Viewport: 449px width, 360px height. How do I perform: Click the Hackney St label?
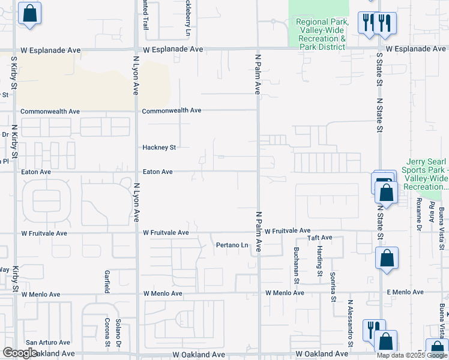tap(158, 147)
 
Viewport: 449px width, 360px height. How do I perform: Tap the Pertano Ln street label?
tap(232, 245)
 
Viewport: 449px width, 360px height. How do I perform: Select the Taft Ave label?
tap(319, 238)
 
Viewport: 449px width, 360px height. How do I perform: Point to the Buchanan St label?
tap(297, 262)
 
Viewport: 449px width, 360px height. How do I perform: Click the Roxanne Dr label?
tap(418, 215)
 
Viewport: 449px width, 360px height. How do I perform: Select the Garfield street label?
tap(107, 280)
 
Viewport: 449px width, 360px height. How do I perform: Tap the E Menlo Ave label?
tap(405, 293)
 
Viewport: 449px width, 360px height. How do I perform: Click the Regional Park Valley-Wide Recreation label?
tap(322, 34)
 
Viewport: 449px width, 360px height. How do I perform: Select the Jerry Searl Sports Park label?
tap(427, 174)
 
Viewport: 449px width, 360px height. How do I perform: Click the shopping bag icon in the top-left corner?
tap(29, 14)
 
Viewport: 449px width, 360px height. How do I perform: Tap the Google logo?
tap(20, 353)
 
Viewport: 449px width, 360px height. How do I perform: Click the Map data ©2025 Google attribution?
tap(411, 355)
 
